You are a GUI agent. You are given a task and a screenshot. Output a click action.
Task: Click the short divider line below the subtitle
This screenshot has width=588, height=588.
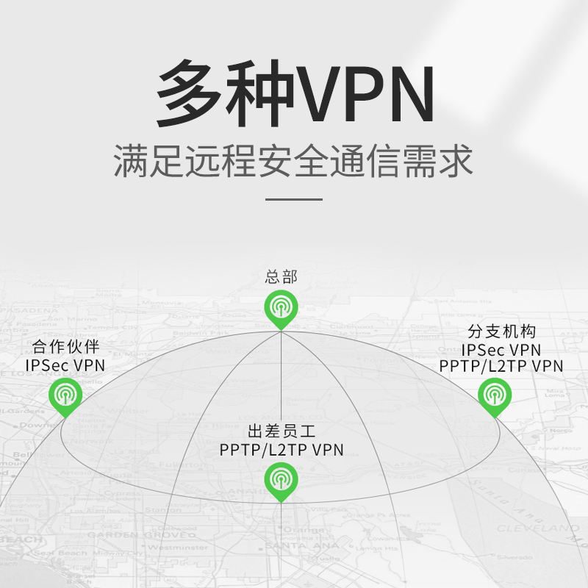click(x=293, y=198)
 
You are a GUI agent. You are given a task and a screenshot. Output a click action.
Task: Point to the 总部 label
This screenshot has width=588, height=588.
click(x=281, y=278)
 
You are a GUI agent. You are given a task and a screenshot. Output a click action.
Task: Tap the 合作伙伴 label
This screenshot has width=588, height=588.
click(x=65, y=347)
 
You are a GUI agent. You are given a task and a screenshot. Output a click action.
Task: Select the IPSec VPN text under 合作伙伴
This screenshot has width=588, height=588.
click(x=65, y=365)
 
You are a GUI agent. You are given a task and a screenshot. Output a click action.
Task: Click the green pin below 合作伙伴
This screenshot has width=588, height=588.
click(x=65, y=395)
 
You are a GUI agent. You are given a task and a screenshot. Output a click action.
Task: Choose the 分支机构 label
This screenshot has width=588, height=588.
click(x=501, y=332)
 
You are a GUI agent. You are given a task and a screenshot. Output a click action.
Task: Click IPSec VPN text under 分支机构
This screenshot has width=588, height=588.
click(x=501, y=349)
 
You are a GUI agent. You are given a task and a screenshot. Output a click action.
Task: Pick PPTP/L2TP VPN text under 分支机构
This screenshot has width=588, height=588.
click(x=501, y=365)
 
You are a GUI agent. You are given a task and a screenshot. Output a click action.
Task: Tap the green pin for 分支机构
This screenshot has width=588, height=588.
click(x=494, y=395)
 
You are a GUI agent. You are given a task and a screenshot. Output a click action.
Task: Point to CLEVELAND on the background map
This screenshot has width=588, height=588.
click(x=537, y=528)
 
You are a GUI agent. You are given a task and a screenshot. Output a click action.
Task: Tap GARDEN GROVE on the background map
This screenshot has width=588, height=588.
click(x=135, y=534)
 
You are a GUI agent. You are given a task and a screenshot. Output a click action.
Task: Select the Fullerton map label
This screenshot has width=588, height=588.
click(x=184, y=465)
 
